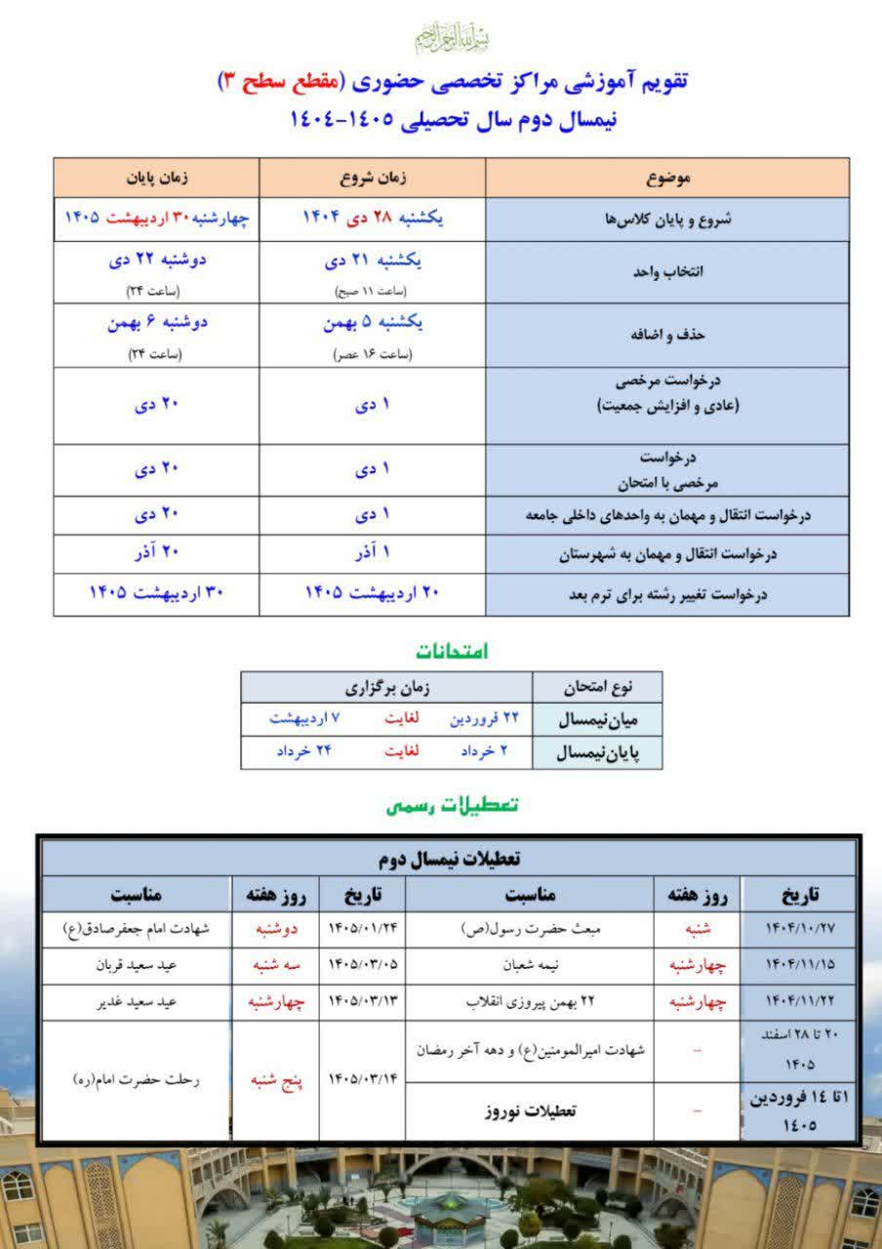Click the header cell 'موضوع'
pyautogui.click(x=668, y=180)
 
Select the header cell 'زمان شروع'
pyautogui.click(x=373, y=180)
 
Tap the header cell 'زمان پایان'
pyautogui.click(x=156, y=180)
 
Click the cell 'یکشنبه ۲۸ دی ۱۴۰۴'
pyautogui.click(x=373, y=219)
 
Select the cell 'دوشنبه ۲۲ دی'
pyautogui.click(x=156, y=262)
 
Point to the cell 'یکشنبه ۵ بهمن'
pyautogui.click(x=373, y=325)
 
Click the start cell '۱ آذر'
pyautogui.click(x=373, y=553)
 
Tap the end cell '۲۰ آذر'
pyautogui.click(x=156, y=553)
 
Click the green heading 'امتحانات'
pyautogui.click(x=452, y=650)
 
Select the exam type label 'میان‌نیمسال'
pyautogui.click(x=597, y=720)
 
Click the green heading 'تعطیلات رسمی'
pyautogui.click(x=451, y=805)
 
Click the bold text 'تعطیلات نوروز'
pyautogui.click(x=530, y=1111)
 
